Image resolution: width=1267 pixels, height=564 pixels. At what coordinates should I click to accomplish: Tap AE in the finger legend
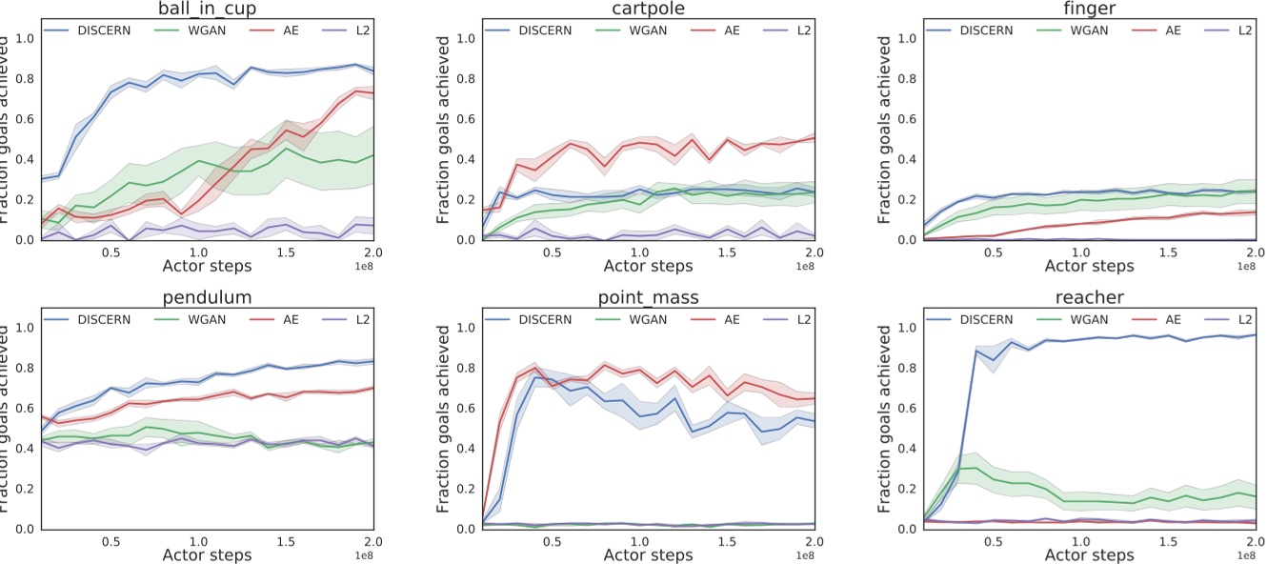click(1174, 30)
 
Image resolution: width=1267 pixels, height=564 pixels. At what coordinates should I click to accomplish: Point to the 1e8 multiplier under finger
click(1245, 269)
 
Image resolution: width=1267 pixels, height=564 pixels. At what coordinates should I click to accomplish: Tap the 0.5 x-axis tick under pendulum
click(111, 541)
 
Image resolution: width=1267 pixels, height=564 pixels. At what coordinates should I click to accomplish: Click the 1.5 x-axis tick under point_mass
click(726, 541)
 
